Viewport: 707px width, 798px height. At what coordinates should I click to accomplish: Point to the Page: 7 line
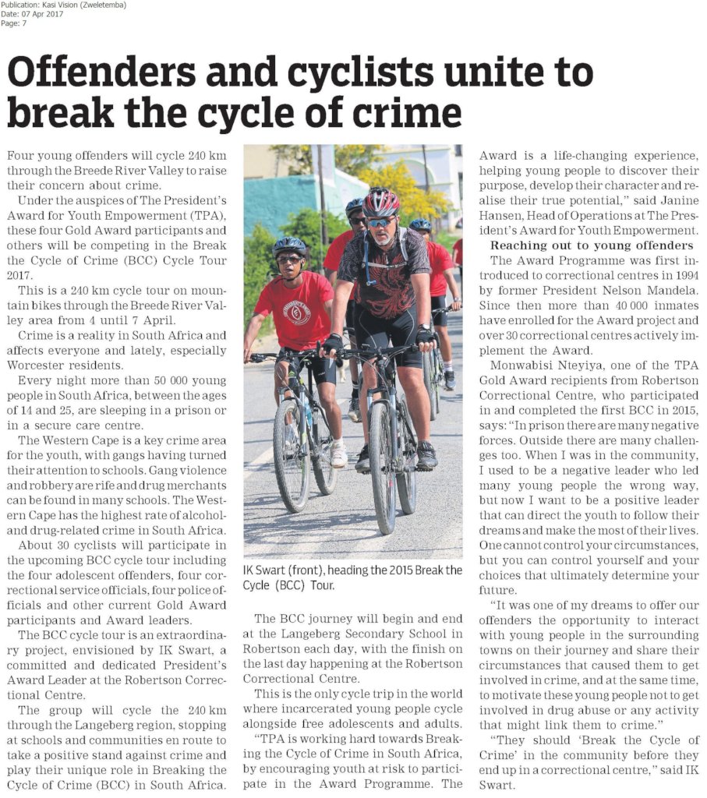click(x=14, y=23)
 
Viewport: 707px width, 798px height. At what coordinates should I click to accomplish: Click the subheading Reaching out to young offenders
click(x=592, y=245)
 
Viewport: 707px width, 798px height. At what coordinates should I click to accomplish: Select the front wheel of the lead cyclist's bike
click(x=384, y=467)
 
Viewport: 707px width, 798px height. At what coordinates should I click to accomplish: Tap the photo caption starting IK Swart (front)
click(x=352, y=577)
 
